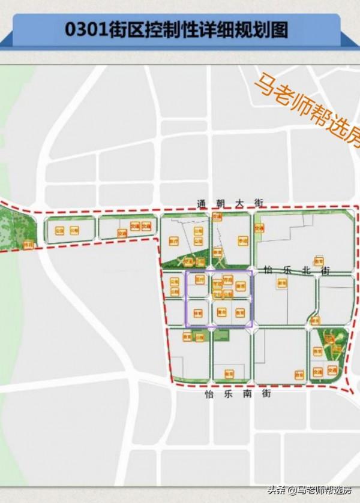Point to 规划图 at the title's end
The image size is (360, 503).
click(263, 28)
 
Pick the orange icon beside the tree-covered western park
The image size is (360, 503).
click(28, 245)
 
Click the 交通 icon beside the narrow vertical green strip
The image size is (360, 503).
click(259, 228)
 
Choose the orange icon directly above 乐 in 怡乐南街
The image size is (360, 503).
click(228, 374)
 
